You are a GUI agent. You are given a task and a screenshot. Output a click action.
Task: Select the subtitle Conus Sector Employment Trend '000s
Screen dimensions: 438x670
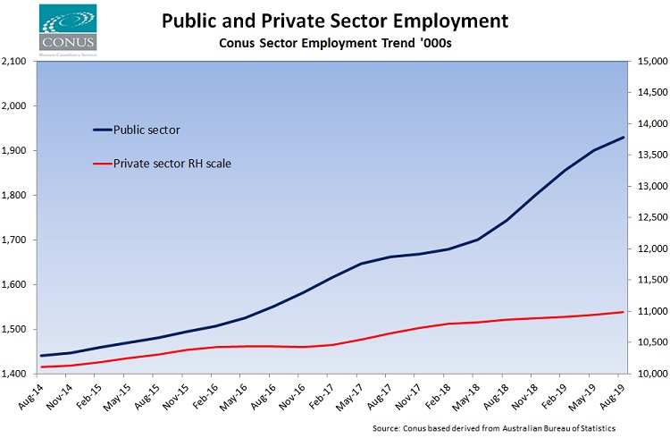click(334, 43)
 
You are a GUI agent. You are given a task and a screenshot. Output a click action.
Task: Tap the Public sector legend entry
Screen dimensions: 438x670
click(148, 130)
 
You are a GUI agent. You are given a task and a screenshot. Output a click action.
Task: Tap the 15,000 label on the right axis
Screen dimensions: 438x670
click(648, 62)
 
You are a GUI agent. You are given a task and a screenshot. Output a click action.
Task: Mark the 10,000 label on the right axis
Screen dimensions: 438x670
click(648, 374)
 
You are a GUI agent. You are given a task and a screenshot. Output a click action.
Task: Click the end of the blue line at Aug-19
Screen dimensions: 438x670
click(624, 137)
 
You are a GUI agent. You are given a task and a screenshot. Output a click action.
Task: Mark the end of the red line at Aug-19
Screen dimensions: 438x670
click(624, 312)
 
